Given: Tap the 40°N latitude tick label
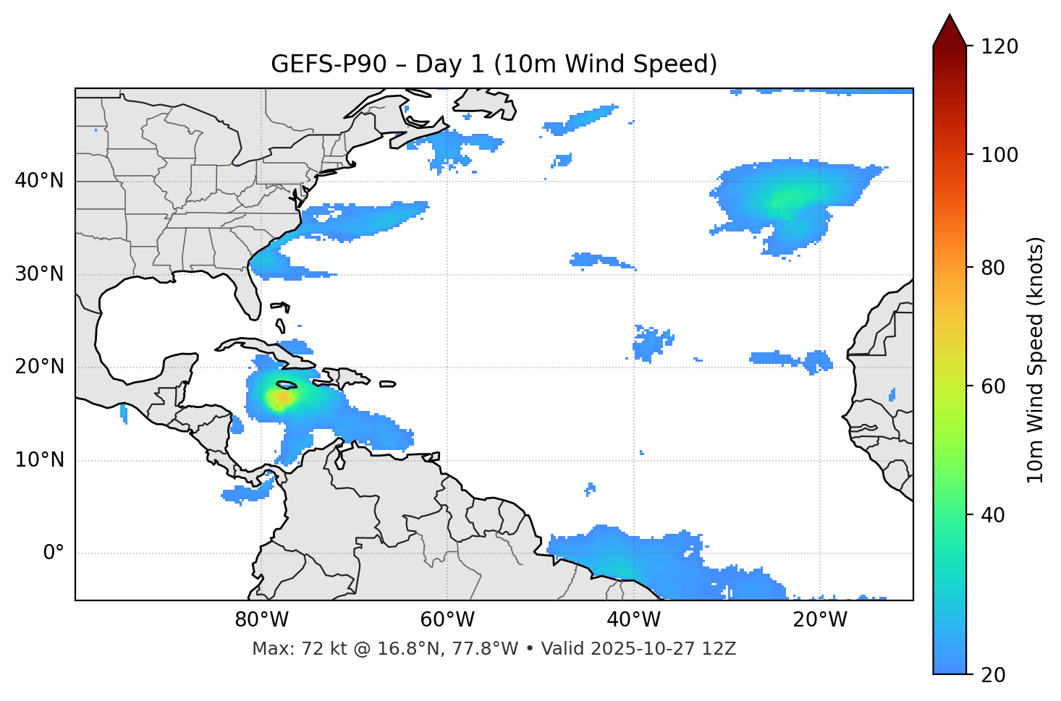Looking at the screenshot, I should (39, 181).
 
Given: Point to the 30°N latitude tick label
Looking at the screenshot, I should (39, 274).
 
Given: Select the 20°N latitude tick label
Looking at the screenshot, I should (39, 367).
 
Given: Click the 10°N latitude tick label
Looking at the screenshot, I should (39, 460).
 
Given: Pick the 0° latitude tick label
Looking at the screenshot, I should (54, 553).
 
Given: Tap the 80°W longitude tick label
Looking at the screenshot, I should (261, 620).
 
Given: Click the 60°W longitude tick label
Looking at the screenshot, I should (447, 620).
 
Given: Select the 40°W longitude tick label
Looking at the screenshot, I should (634, 620).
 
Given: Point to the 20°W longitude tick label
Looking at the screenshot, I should (820, 620).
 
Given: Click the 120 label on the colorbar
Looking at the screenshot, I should (999, 46).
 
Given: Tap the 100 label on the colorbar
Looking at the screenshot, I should (999, 155).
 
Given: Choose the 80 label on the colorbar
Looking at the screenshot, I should (994, 268).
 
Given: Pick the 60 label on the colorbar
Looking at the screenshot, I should (994, 386).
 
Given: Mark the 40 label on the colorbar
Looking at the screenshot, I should (994, 515).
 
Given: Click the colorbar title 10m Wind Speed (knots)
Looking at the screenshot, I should (1036, 360).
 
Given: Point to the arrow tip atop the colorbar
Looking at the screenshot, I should (950, 15).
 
